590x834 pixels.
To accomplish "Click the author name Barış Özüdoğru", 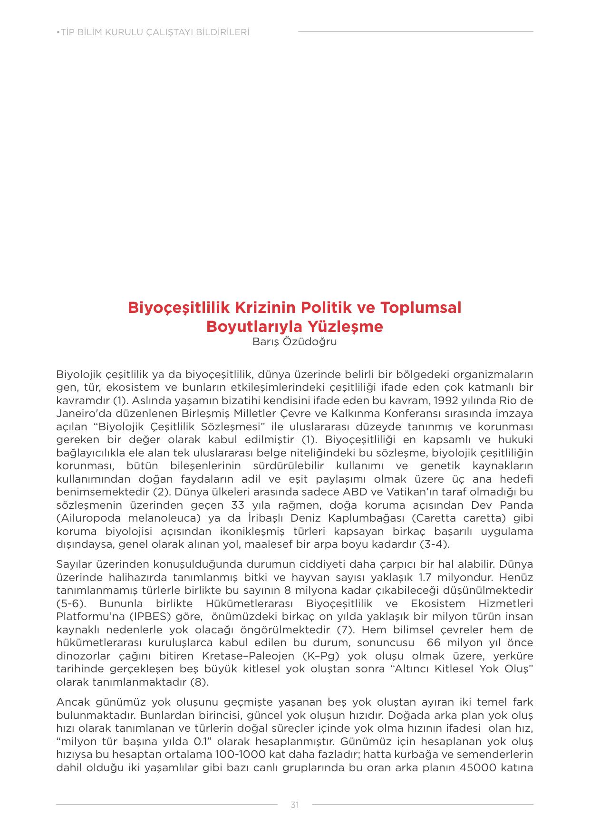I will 295,342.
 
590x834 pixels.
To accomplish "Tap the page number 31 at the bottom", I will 295,805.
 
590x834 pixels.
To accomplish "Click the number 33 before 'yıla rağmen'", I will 238,505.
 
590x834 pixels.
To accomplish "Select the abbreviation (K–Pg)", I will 321,656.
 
